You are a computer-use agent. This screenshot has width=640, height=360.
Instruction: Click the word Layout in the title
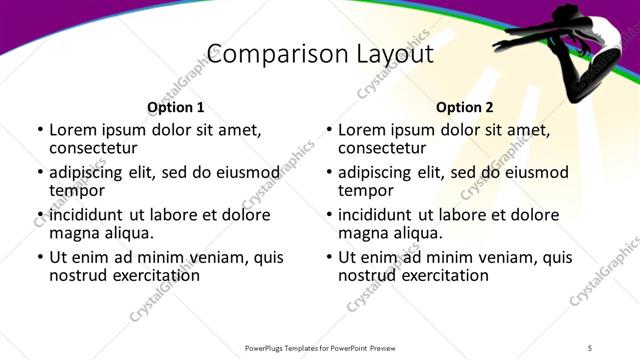coord(393,54)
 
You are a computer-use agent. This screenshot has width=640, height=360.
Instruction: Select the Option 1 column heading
coord(175,107)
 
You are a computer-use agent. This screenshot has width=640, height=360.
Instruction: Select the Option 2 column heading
coord(465,107)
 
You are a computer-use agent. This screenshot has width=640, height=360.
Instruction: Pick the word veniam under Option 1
coord(220,258)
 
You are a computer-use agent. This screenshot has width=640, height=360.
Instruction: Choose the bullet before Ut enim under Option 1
coord(39,258)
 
